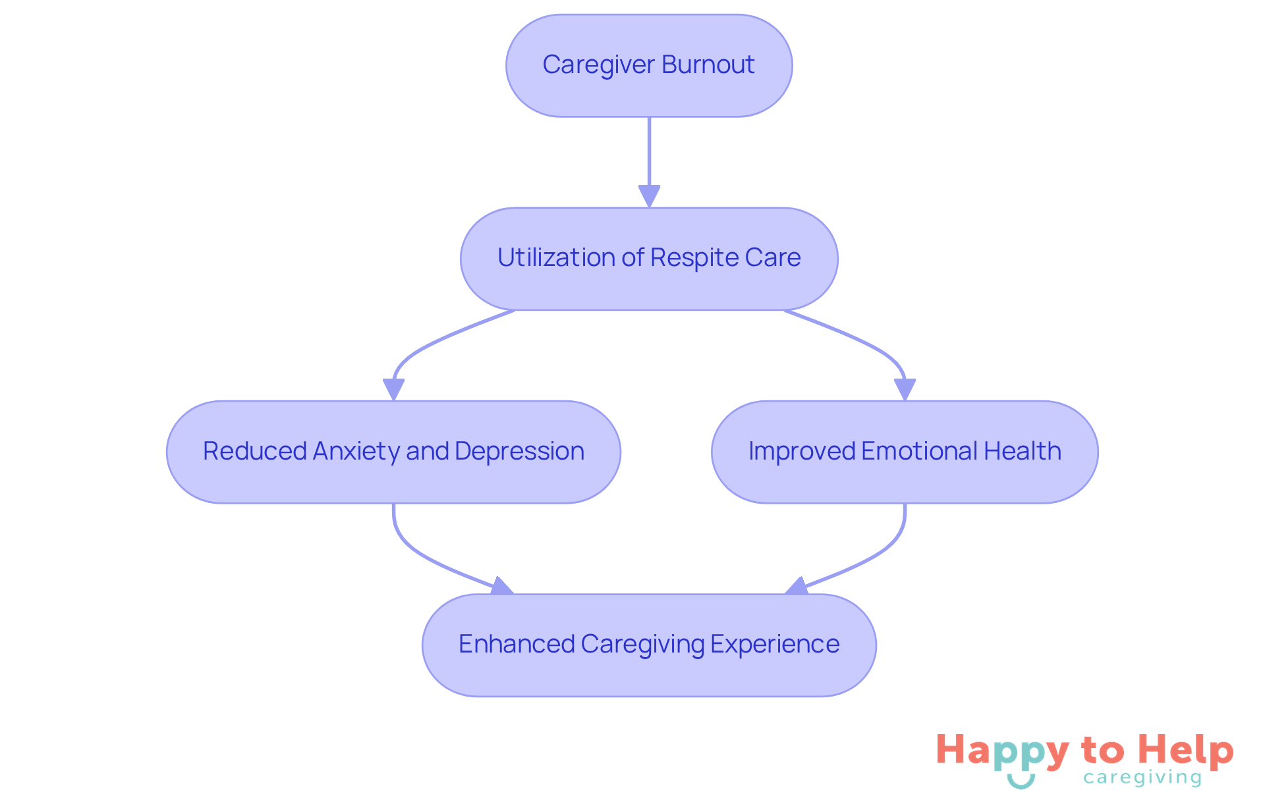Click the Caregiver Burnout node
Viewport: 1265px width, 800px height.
(649, 66)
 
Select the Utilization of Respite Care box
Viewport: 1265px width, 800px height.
(649, 259)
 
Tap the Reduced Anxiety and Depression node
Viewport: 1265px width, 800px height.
(393, 452)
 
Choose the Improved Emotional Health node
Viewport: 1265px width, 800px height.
(905, 452)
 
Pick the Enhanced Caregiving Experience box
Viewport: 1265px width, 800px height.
(649, 645)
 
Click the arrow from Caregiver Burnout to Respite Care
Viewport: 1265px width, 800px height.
(649, 158)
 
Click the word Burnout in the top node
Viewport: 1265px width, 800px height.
(708, 65)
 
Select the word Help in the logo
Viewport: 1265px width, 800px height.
(1186, 751)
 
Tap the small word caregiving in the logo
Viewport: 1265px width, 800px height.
(1142, 778)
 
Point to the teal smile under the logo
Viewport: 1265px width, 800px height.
(1021, 782)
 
